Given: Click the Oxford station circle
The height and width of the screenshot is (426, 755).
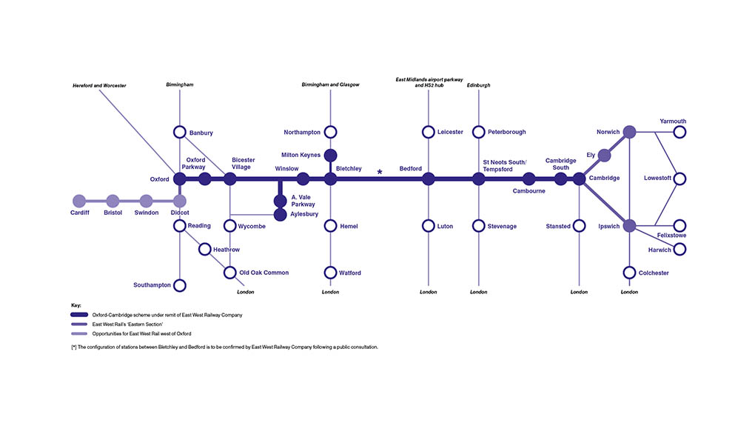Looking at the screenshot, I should point(179,179).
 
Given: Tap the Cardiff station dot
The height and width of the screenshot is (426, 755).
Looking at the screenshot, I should point(79,201).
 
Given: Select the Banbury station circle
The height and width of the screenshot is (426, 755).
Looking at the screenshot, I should point(179,132).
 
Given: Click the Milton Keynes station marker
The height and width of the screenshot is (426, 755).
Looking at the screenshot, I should point(331,155).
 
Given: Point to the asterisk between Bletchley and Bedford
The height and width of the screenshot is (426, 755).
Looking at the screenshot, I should point(380,173).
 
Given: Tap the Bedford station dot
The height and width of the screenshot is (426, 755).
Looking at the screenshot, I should point(429,179).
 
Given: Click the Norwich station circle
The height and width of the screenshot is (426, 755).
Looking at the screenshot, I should point(629,132).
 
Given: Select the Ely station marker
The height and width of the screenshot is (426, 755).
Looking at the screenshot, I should point(604,156).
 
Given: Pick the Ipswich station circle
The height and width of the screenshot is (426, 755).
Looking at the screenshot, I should point(629,226).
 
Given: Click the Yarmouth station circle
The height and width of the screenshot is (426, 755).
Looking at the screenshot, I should point(679,132).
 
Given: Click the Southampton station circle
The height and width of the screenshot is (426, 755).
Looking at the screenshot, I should point(179,285).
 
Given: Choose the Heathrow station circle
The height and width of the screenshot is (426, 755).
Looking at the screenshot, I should point(204,250).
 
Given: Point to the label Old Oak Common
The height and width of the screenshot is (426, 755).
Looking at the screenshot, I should point(264,273).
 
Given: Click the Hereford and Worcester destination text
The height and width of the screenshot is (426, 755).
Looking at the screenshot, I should point(99,86).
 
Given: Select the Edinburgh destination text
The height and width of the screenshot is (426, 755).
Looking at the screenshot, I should point(479,85).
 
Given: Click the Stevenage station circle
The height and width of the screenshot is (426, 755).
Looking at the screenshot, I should point(479,226).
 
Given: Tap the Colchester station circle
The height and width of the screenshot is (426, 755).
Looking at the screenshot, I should point(629,273).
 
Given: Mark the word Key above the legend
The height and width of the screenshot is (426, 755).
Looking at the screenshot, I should point(75,305).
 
